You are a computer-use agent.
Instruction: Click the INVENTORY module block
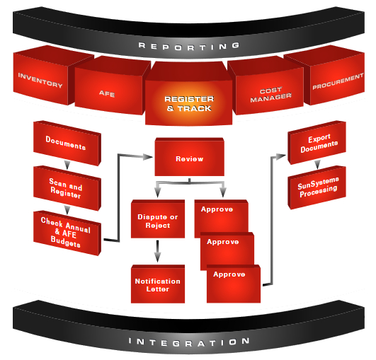pyautogui.click(x=41, y=77)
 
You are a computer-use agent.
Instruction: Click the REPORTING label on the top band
pyautogui.click(x=189, y=46)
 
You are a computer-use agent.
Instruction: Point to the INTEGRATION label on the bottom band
pyautogui.click(x=189, y=342)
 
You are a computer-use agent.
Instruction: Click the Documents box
pyautogui.click(x=67, y=144)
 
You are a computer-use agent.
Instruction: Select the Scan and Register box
pyautogui.click(x=67, y=188)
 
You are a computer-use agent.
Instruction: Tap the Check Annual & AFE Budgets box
pyautogui.click(x=67, y=233)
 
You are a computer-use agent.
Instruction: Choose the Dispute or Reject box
pyautogui.click(x=158, y=219)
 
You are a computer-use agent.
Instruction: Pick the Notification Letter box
pyautogui.click(x=158, y=284)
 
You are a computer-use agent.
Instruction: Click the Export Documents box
pyautogui.click(x=317, y=143)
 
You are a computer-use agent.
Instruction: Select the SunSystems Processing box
pyautogui.click(x=317, y=187)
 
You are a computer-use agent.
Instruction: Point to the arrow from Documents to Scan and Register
pyautogui.click(x=67, y=165)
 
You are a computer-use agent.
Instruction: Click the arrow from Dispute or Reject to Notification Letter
pyautogui.click(x=157, y=251)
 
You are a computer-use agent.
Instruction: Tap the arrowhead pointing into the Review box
pyautogui.click(x=148, y=157)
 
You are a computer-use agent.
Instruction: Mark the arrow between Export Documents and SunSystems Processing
pyautogui.click(x=317, y=164)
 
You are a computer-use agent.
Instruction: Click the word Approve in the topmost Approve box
pyautogui.click(x=217, y=209)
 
